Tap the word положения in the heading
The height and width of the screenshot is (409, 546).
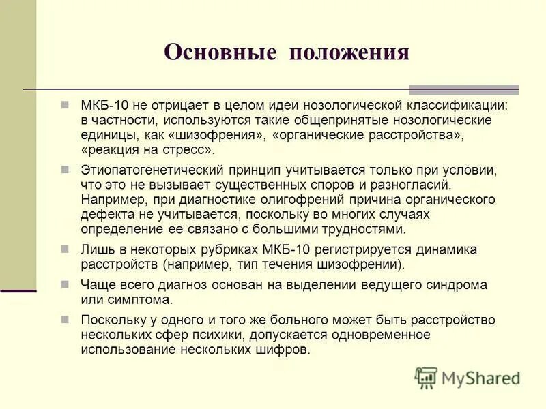click(x=350, y=52)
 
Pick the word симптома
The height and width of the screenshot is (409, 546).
click(x=141, y=299)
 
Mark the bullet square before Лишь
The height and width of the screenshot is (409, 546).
click(x=66, y=248)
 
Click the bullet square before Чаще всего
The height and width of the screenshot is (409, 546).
click(x=66, y=284)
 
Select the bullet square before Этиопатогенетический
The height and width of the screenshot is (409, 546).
click(x=66, y=168)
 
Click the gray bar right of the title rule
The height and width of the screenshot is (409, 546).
click(x=463, y=90)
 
